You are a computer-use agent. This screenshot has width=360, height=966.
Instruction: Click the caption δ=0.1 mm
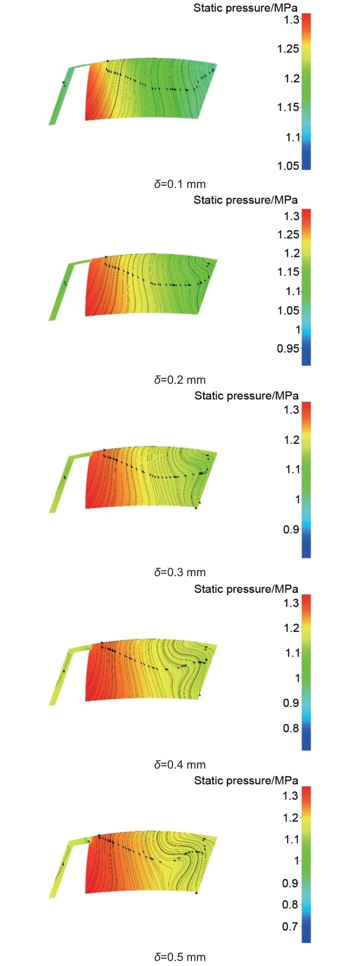pyautogui.click(x=180, y=184)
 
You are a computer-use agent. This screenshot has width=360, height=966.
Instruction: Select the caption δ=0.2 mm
pyautogui.click(x=180, y=380)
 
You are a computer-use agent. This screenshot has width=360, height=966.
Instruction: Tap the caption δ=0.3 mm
pyautogui.click(x=180, y=572)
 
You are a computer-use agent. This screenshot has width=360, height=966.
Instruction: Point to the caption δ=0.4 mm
pyautogui.click(x=180, y=765)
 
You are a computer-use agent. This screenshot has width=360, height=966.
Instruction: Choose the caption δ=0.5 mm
pyautogui.click(x=180, y=957)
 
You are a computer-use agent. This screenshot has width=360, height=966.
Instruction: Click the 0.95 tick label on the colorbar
pyautogui.click(x=288, y=349)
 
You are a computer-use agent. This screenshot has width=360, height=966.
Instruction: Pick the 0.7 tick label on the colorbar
pyautogui.click(x=290, y=927)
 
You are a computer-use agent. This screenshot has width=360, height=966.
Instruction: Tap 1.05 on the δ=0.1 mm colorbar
pyautogui.click(x=288, y=166)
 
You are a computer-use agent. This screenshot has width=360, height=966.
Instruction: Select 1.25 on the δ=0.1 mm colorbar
pyautogui.click(x=288, y=49)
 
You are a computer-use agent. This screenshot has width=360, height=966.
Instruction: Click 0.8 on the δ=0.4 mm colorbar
pyautogui.click(x=290, y=728)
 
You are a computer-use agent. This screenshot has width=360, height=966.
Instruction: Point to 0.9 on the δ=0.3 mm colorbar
pyautogui.click(x=290, y=529)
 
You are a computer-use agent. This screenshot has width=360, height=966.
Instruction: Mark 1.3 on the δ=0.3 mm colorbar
pyautogui.click(x=292, y=410)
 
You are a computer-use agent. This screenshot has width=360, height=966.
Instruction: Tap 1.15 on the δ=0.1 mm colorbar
pyautogui.click(x=288, y=107)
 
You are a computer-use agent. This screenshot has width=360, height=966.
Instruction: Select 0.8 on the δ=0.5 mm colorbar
pyautogui.click(x=290, y=905)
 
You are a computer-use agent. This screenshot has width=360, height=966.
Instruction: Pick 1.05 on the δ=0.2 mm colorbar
pyautogui.click(x=288, y=310)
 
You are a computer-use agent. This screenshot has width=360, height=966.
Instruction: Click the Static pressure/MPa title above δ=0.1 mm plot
pyautogui.click(x=245, y=8)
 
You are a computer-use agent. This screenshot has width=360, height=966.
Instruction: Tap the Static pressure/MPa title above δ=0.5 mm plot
pyautogui.click(x=246, y=781)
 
